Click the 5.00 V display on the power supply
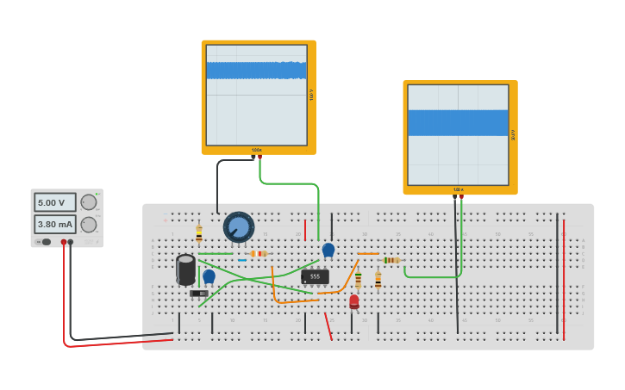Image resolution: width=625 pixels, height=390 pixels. [55, 202]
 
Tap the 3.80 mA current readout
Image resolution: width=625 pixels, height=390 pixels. [55, 224]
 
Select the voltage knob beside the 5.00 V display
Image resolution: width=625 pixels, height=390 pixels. [89, 202]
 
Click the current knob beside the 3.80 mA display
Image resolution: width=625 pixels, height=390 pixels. [89, 224]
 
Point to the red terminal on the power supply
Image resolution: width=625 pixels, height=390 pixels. [63, 242]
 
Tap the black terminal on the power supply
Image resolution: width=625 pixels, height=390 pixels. [71, 242]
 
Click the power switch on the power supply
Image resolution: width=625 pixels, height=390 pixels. [46, 242]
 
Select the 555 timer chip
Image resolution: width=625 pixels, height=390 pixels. [315, 276]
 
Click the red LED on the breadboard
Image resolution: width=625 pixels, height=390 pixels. [354, 300]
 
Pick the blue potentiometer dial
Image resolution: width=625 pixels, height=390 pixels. [239, 227]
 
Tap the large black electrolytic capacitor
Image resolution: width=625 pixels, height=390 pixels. [185, 269]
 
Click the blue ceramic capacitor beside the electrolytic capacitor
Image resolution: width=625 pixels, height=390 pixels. [209, 276]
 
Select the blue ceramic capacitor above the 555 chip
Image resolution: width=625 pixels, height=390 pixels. [328, 250]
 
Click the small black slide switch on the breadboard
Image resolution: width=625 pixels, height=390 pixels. [198, 294]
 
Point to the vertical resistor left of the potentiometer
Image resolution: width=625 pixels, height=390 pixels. [199, 234]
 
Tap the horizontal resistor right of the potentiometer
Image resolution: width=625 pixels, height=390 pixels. [258, 253]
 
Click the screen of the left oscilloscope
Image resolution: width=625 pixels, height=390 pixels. [257, 95]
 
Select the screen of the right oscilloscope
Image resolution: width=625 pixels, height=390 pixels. [458, 134]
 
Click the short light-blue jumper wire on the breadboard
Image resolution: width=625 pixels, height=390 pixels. [242, 260]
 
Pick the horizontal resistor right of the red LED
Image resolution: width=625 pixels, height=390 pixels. [391, 260]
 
